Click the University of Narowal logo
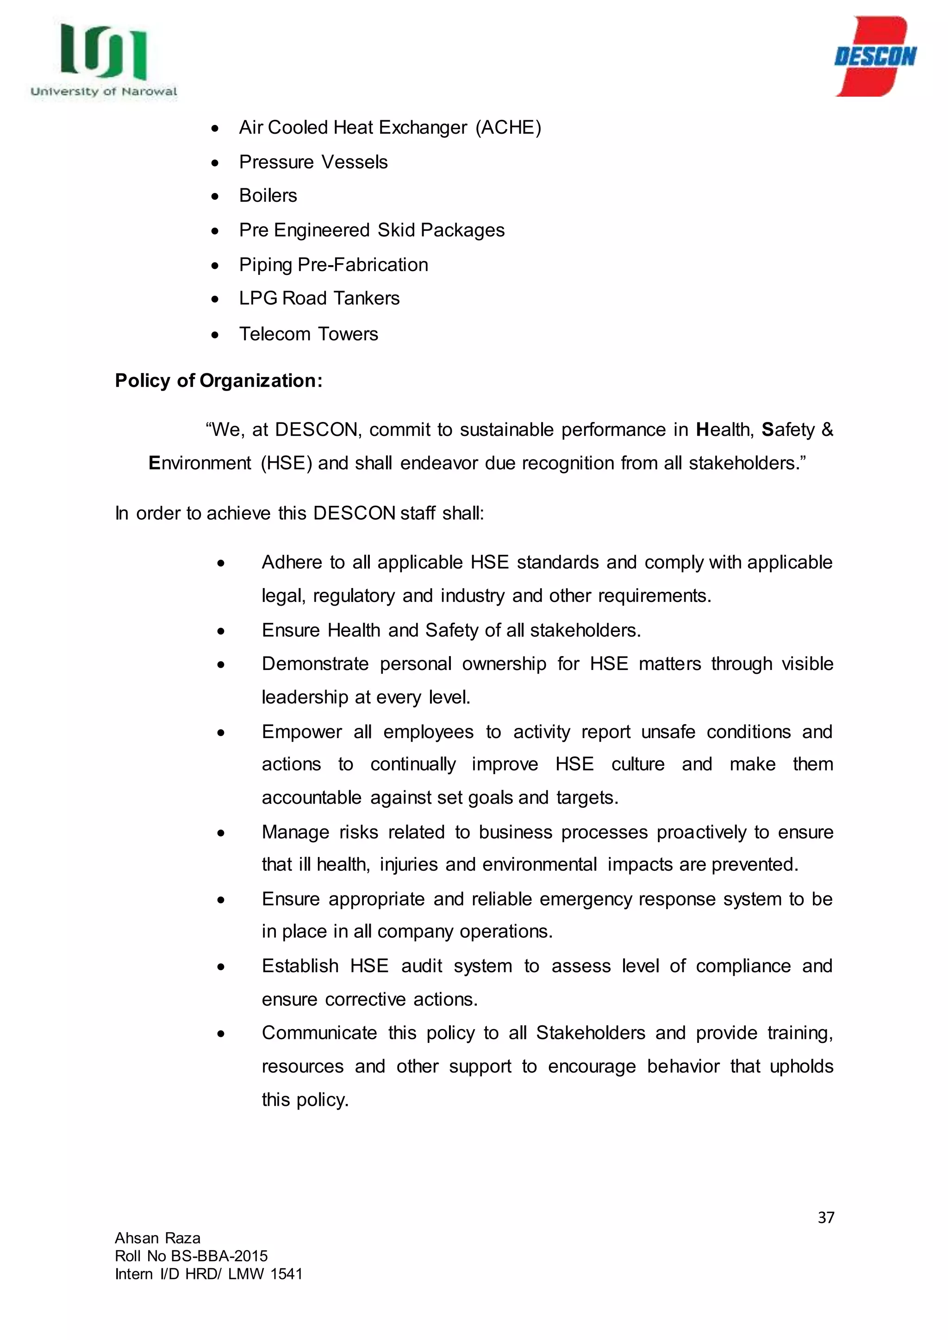click(103, 60)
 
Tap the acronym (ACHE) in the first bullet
click(508, 127)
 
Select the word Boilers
click(268, 196)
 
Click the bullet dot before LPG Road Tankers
click(215, 299)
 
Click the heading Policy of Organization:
click(218, 380)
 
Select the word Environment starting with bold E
click(200, 463)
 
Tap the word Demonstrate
click(315, 664)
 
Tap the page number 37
click(825, 1217)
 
